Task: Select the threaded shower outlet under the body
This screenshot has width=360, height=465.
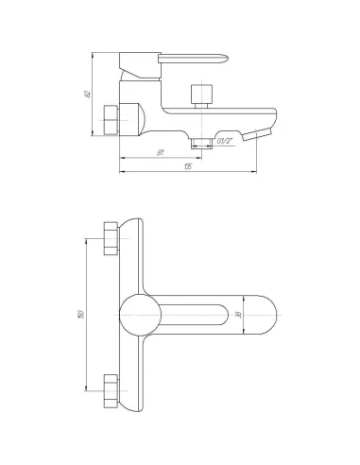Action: [x=198, y=141]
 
